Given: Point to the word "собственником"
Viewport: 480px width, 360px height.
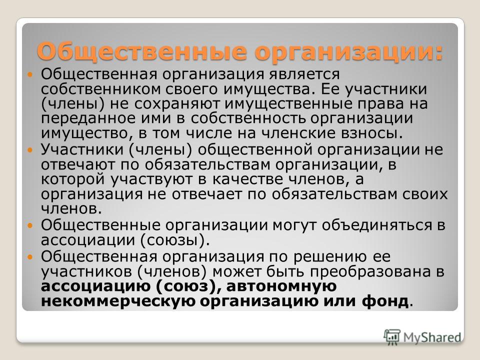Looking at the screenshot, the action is click(x=101, y=89).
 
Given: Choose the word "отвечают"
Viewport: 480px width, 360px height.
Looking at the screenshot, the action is click(x=78, y=164).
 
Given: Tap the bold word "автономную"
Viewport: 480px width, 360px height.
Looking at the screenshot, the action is click(x=281, y=286).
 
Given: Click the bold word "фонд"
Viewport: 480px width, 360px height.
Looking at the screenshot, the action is click(x=385, y=301).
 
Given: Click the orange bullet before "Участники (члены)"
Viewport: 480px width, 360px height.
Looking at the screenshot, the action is click(x=29, y=150).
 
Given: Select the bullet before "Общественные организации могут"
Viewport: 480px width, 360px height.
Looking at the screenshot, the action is click(x=29, y=226).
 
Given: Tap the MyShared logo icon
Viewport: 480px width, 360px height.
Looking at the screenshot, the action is click(x=392, y=337).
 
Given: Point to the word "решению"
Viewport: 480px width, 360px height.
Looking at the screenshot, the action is click(x=330, y=257).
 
